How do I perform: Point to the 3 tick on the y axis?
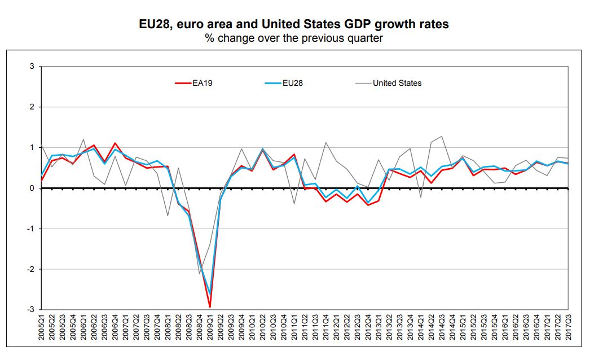coord(32,67)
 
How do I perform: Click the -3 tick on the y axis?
coord(31,310)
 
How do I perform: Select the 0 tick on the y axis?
coord(32,188)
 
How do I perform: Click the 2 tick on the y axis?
coord(32,107)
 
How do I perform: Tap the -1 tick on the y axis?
coord(31,229)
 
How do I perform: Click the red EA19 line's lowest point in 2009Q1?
coord(210,308)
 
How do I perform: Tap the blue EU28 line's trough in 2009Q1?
coord(210,295)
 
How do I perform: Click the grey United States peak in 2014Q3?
coord(442,136)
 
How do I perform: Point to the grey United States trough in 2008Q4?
coord(200,274)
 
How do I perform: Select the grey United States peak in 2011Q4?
coord(326,142)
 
